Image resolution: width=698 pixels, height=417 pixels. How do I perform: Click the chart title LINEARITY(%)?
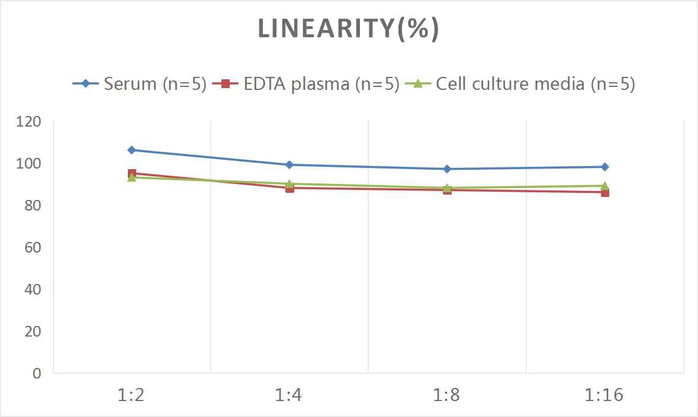(348, 30)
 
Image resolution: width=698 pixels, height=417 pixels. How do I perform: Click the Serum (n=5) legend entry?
(139, 84)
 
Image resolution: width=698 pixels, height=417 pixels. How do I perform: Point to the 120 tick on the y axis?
(29, 122)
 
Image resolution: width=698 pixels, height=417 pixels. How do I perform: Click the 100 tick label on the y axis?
(29, 164)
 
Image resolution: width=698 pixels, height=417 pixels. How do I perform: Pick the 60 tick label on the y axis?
(33, 247)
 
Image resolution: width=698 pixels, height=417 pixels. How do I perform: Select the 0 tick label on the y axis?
(37, 373)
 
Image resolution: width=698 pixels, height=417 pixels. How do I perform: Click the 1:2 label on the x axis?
(131, 395)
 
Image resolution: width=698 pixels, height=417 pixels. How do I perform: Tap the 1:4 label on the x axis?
(289, 395)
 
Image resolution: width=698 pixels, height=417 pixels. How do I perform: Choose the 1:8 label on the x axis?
(447, 395)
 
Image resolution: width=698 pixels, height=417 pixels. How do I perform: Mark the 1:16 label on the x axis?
(604, 395)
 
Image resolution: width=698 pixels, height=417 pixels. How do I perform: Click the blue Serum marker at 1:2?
(131, 150)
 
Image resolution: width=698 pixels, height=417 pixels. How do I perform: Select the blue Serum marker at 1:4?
(290, 165)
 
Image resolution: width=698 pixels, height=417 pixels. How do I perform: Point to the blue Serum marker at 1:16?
(604, 167)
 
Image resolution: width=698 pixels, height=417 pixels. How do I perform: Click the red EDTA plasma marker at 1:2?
(131, 173)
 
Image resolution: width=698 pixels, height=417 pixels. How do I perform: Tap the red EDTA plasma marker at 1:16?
(604, 192)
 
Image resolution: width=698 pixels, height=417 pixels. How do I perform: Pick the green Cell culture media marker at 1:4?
(290, 183)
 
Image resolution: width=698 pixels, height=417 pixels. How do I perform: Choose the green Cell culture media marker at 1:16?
(604, 185)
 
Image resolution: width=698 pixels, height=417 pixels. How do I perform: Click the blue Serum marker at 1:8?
(447, 169)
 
